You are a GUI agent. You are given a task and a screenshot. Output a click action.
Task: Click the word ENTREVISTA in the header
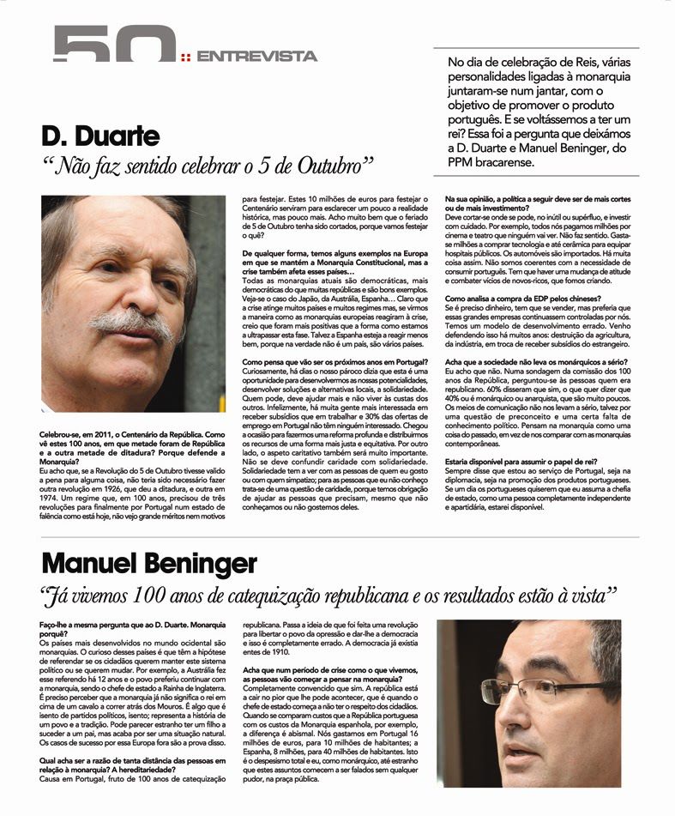256,57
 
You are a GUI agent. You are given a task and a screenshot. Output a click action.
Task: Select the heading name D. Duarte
100,135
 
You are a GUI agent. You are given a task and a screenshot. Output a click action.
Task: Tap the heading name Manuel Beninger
148,564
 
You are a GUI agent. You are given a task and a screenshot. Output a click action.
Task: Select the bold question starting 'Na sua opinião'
541,203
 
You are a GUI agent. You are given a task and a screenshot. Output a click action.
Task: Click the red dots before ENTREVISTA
186,57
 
